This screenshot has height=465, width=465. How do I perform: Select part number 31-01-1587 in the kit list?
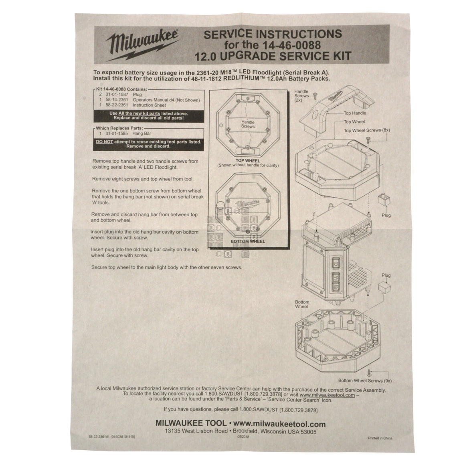[115, 95]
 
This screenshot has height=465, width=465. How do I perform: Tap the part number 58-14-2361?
[115, 100]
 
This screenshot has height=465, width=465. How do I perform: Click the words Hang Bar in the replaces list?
[142, 133]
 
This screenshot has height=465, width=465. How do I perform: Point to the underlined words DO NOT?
[104, 142]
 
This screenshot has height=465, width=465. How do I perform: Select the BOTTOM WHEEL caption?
[248, 241]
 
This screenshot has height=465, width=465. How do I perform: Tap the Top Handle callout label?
[355, 113]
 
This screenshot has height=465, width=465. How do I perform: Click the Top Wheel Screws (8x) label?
[367, 131]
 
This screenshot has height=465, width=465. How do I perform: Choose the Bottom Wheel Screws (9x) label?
[364, 381]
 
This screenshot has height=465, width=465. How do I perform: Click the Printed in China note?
[380, 438]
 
